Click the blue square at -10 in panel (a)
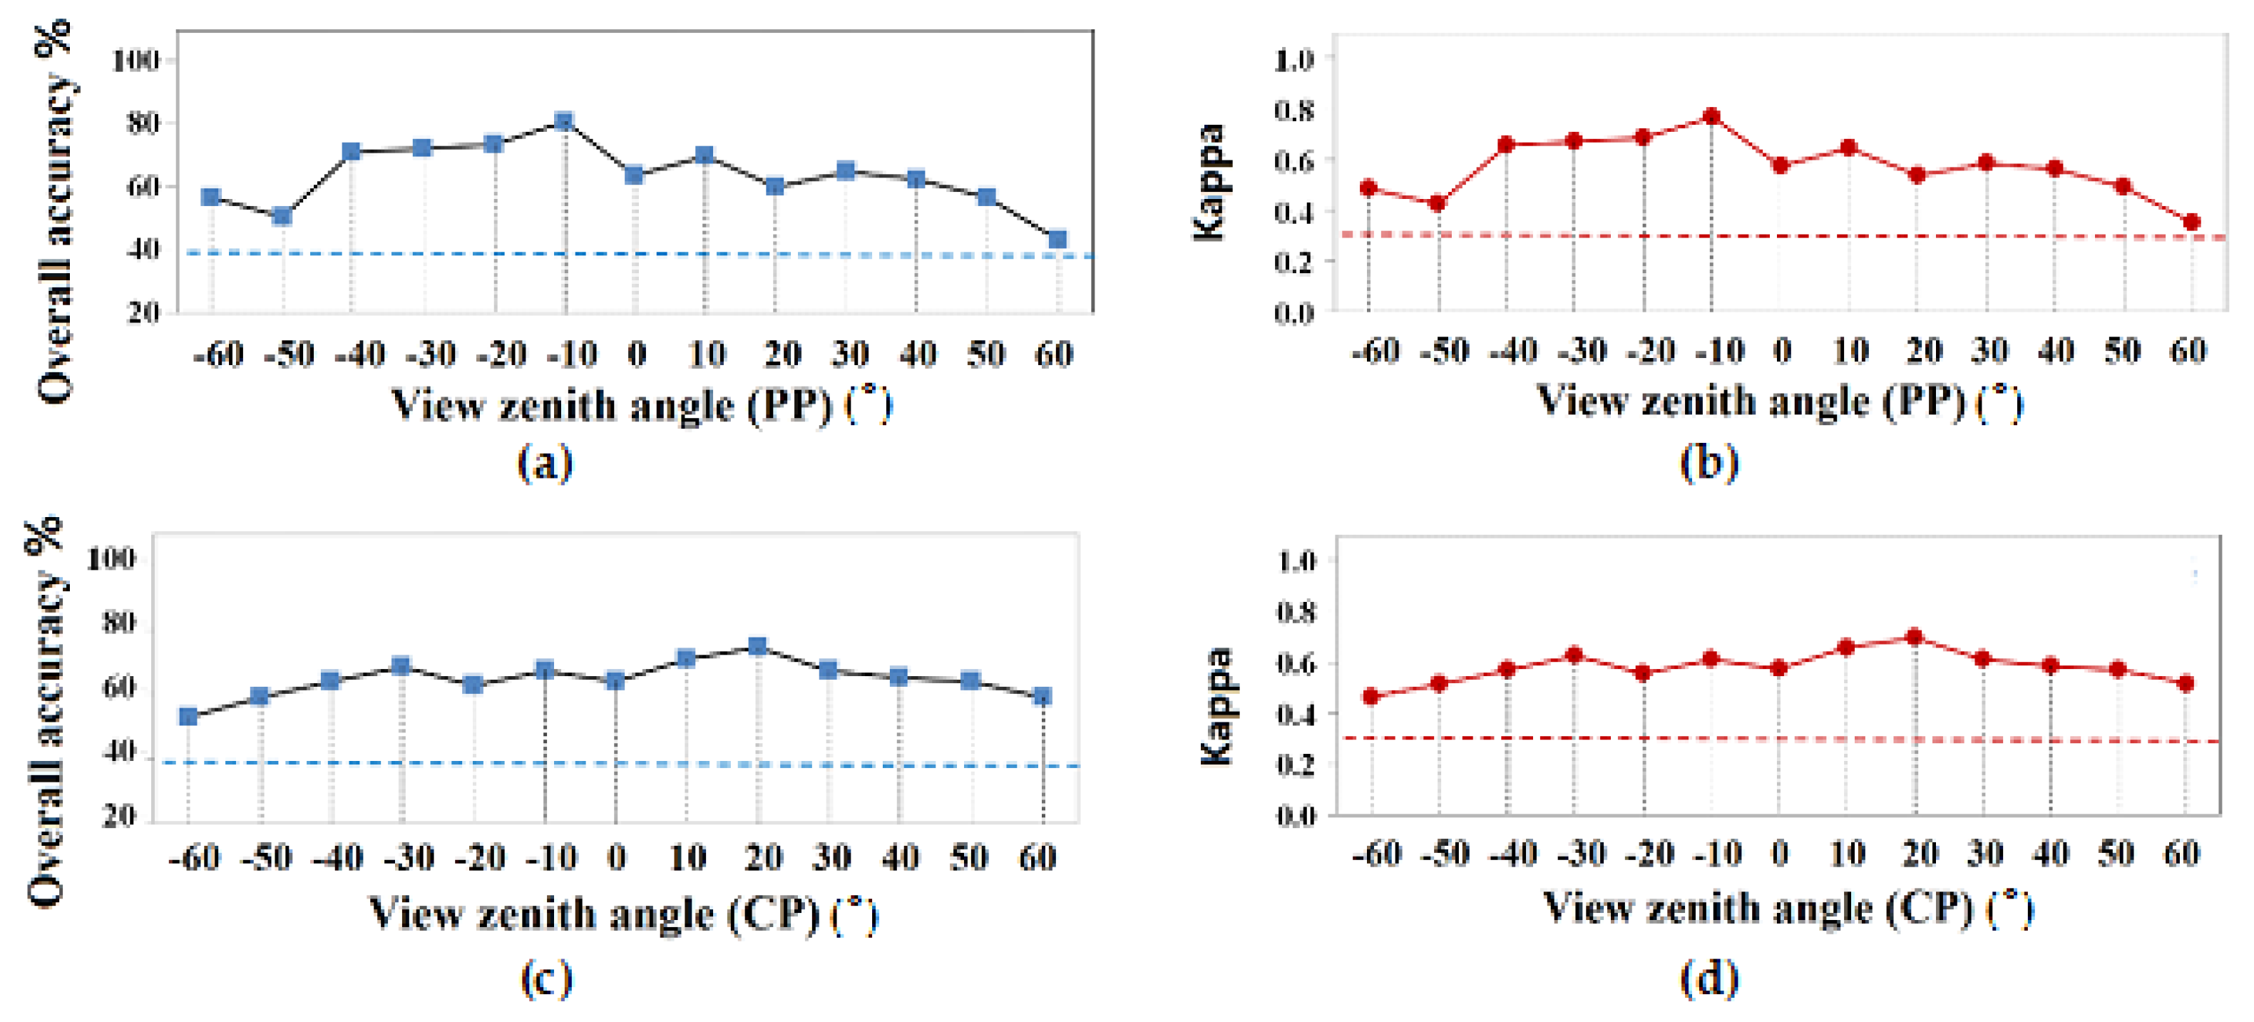pos(564,121)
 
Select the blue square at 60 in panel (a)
pos(1057,239)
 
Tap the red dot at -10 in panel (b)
pos(1711,116)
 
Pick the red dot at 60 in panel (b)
pos(2191,223)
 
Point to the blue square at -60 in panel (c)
pos(188,717)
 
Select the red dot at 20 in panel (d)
pos(1914,637)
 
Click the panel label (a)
pos(545,462)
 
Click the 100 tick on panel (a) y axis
pos(135,61)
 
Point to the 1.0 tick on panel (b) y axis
pos(1294,59)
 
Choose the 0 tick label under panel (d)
pos(1780,853)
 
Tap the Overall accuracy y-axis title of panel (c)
pos(46,710)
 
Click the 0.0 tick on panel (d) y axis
pos(1296,817)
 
